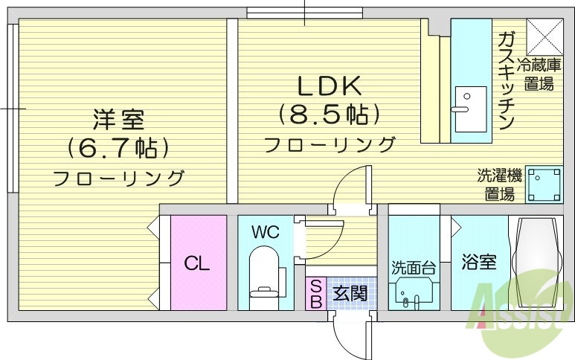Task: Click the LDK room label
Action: (330, 87)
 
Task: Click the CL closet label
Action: (197, 263)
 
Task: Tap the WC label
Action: (264, 232)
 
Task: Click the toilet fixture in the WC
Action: (264, 271)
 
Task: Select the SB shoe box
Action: (315, 294)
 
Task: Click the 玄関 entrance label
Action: (349, 294)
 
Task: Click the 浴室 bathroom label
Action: (478, 263)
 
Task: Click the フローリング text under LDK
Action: (330, 144)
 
